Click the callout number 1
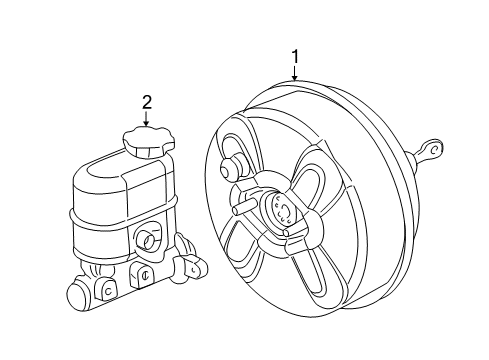294,57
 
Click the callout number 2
147,101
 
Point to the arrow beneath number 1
294,75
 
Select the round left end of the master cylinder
78,297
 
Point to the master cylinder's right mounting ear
191,265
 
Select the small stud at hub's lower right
289,234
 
